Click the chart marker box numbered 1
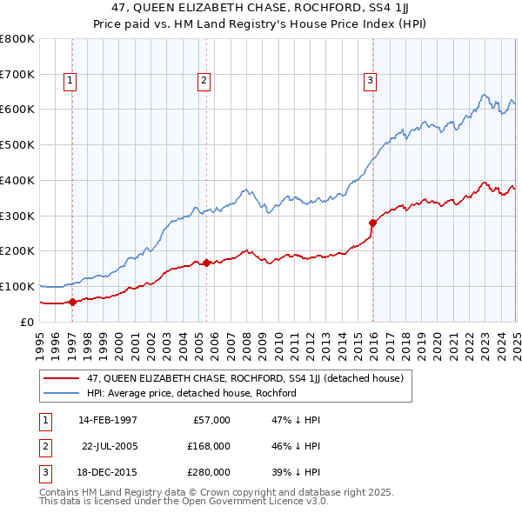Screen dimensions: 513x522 (70, 82)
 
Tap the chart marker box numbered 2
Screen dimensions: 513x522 (204, 82)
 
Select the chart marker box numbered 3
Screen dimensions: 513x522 (370, 82)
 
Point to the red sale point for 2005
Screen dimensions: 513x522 (207, 263)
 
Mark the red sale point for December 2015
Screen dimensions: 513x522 (372, 223)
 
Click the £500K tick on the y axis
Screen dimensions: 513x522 (18, 144)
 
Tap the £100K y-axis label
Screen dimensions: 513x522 (18, 286)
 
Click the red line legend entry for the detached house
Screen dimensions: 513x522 (244, 378)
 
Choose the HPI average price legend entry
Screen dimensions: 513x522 (191, 393)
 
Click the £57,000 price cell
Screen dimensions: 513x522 (210, 420)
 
